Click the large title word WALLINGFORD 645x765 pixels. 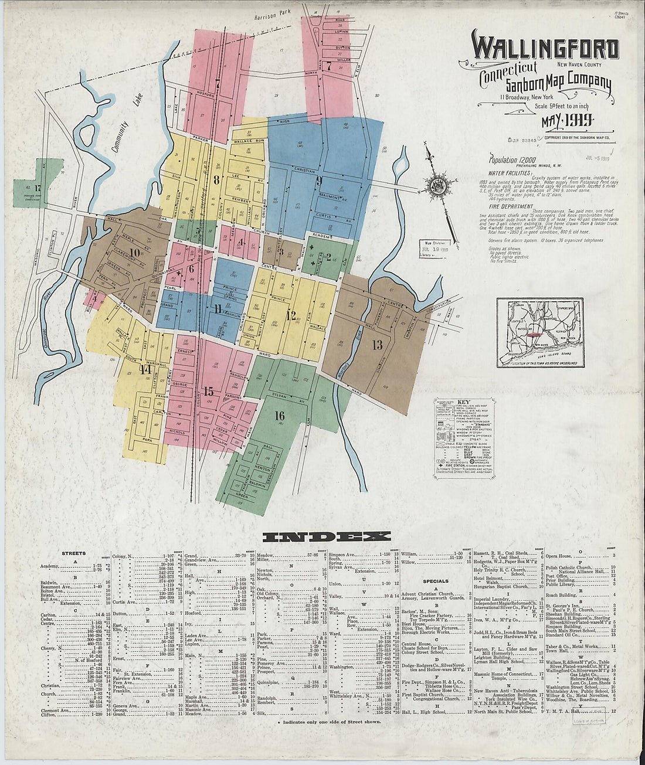[545, 49]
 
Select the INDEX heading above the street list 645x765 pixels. [326, 536]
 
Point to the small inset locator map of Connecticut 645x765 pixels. [537, 332]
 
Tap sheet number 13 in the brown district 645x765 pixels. [376, 345]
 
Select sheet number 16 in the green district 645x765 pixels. [279, 416]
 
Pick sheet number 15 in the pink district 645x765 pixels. [208, 392]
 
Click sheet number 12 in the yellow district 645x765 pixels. [290, 315]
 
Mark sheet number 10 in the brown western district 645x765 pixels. [135, 253]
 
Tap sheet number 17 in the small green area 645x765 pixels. [38, 188]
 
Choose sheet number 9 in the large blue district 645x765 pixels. [319, 180]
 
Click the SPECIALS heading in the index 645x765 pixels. [435, 581]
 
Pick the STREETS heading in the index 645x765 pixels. [74, 553]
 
